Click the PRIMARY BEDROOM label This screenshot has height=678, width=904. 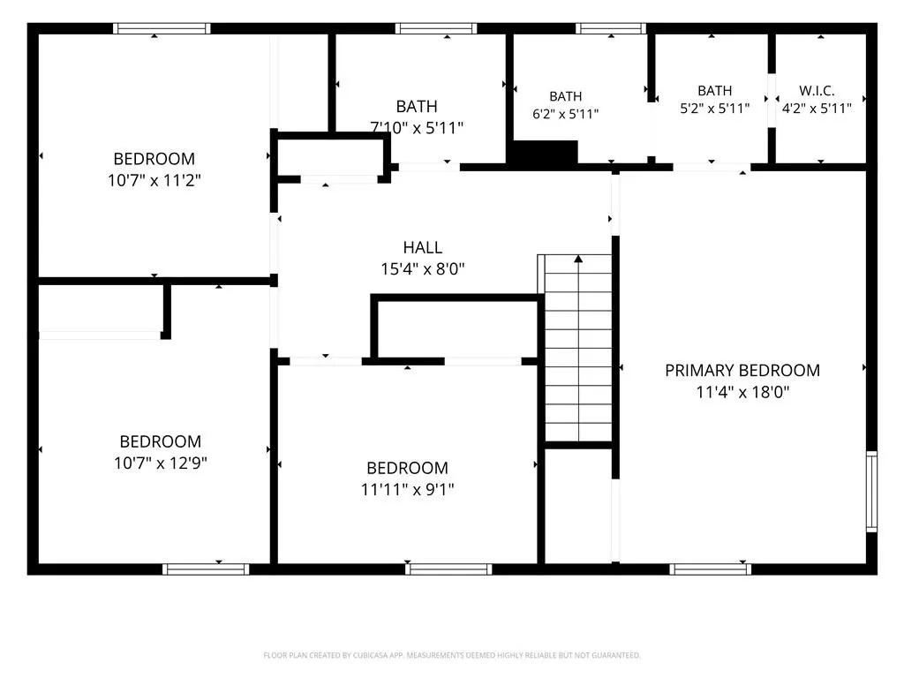click(x=742, y=370)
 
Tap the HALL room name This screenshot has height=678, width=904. click(x=423, y=247)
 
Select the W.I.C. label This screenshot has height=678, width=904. click(x=817, y=91)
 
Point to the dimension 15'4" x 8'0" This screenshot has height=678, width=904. click(x=423, y=269)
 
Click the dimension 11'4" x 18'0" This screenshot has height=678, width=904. click(x=742, y=392)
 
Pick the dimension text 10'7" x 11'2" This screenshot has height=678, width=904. click(x=154, y=180)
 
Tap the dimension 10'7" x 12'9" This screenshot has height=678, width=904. click(x=161, y=463)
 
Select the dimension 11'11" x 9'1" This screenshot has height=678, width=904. click(x=407, y=489)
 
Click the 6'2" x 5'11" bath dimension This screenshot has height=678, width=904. click(x=566, y=114)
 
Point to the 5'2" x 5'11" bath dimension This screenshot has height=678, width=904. click(x=715, y=109)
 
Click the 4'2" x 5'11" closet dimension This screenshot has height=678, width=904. click(x=817, y=109)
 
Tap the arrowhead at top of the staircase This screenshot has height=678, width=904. click(x=578, y=259)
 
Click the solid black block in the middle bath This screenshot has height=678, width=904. click(x=546, y=153)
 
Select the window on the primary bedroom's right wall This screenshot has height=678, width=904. click(x=871, y=491)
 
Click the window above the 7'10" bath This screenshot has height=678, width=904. click(x=436, y=28)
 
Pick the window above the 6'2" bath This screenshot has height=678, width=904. click(x=611, y=28)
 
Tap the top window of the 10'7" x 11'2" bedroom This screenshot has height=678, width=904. click(x=162, y=28)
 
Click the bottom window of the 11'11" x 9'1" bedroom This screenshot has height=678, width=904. click(x=448, y=569)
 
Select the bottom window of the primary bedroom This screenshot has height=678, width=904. click(x=711, y=569)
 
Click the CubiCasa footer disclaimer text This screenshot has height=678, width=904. click(x=452, y=656)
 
